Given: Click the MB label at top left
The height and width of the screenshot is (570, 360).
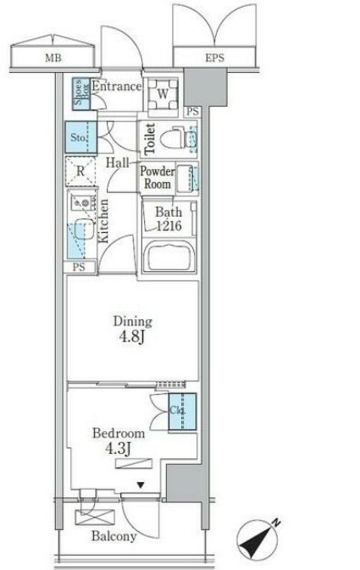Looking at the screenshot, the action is (53, 58).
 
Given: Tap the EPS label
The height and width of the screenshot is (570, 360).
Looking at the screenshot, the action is (214, 58).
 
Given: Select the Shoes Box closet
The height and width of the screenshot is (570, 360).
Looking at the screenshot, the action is (81, 94).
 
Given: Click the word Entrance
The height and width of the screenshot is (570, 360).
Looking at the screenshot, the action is (116, 86).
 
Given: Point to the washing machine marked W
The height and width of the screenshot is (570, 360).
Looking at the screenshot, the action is (163, 95).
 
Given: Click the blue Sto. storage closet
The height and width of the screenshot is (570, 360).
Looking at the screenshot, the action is (81, 137).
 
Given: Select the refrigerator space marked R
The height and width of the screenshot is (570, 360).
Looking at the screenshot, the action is (80, 171).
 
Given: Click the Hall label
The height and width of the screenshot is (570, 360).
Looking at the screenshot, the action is (117, 163).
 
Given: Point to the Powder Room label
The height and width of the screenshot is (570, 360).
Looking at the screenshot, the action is (157, 177).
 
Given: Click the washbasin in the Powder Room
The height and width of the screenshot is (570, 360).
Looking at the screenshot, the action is (186, 178).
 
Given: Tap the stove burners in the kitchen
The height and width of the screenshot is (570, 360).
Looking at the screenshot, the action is (83, 202).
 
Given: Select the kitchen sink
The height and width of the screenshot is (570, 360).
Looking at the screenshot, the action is (83, 230).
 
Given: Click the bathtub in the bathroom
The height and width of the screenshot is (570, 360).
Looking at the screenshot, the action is (169, 256).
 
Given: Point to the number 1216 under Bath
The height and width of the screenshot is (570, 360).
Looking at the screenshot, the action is (169, 226).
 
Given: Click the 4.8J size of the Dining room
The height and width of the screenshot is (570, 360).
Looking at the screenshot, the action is (131, 337).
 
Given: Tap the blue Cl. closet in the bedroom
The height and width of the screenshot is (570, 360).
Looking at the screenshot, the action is (182, 412).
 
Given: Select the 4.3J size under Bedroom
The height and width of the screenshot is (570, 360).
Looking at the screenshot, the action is (118, 449).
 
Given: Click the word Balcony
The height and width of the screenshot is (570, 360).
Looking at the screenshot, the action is (114, 536).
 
